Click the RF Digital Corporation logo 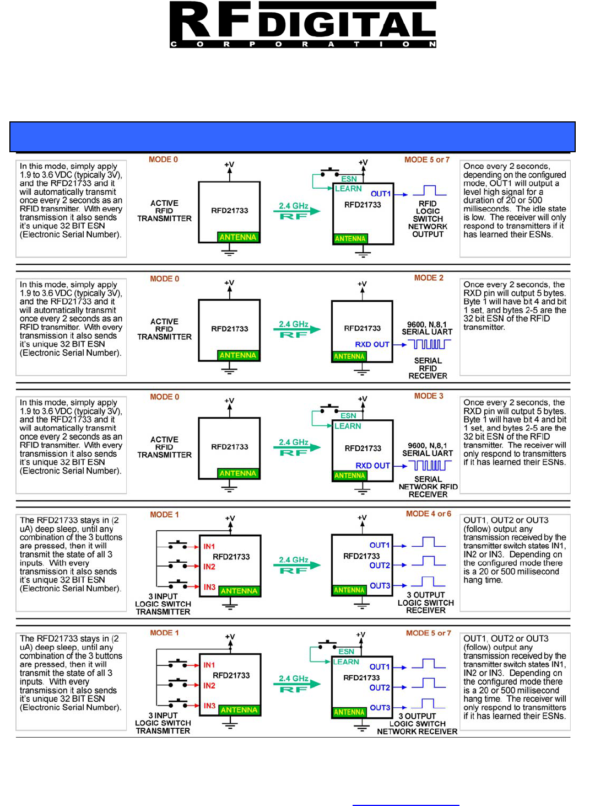pyautogui.click(x=302, y=25)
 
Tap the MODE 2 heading pyautogui.click(x=429, y=278)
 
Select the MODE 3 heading pyautogui.click(x=429, y=396)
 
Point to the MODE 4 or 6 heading pyautogui.click(x=428, y=514)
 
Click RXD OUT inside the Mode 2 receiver pyautogui.click(x=372, y=344)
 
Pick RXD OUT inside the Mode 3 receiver pyautogui.click(x=372, y=466)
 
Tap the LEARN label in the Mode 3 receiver pyautogui.click(x=348, y=426)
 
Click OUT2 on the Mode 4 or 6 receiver pyautogui.click(x=380, y=565)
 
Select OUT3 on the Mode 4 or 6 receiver pyautogui.click(x=380, y=586)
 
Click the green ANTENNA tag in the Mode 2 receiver pyautogui.click(x=349, y=356)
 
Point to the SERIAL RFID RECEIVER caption pyautogui.click(x=428, y=368)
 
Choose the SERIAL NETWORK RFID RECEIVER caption pyautogui.click(x=428, y=487)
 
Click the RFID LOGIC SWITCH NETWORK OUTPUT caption pyautogui.click(x=428, y=219)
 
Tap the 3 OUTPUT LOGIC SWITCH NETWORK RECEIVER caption pyautogui.click(x=417, y=724)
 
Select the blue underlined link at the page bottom pyautogui.click(x=405, y=805)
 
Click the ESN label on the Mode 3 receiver pyautogui.click(x=348, y=415)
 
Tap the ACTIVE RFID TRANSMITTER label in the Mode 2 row pyautogui.click(x=164, y=329)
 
